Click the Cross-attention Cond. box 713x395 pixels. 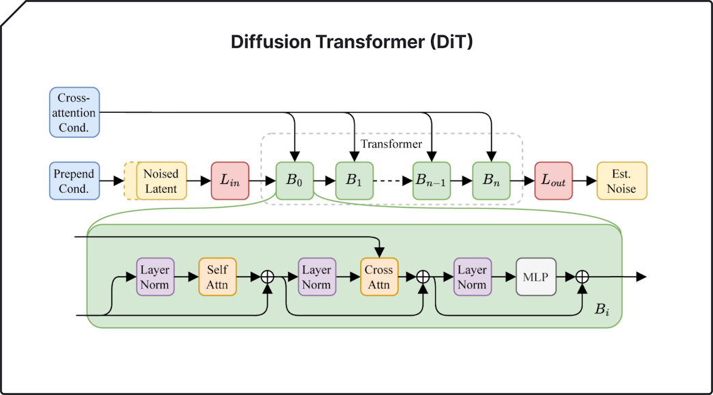click(74, 112)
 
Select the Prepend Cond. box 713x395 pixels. click(74, 180)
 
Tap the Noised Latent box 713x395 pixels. click(161, 180)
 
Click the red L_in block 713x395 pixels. click(230, 180)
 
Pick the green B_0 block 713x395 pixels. click(294, 180)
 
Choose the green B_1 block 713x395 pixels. click(354, 180)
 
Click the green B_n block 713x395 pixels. click(492, 180)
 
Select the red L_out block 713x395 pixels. click(553, 180)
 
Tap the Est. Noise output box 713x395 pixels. click(621, 180)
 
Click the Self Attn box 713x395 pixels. click(217, 277)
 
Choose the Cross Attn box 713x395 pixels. click(378, 277)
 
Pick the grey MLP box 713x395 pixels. click(537, 277)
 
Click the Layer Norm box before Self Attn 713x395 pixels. click(155, 277)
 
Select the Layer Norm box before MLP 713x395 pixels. click(472, 277)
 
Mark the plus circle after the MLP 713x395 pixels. click(582, 277)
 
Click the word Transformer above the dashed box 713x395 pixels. click(391, 144)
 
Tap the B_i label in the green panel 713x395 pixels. click(602, 310)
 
